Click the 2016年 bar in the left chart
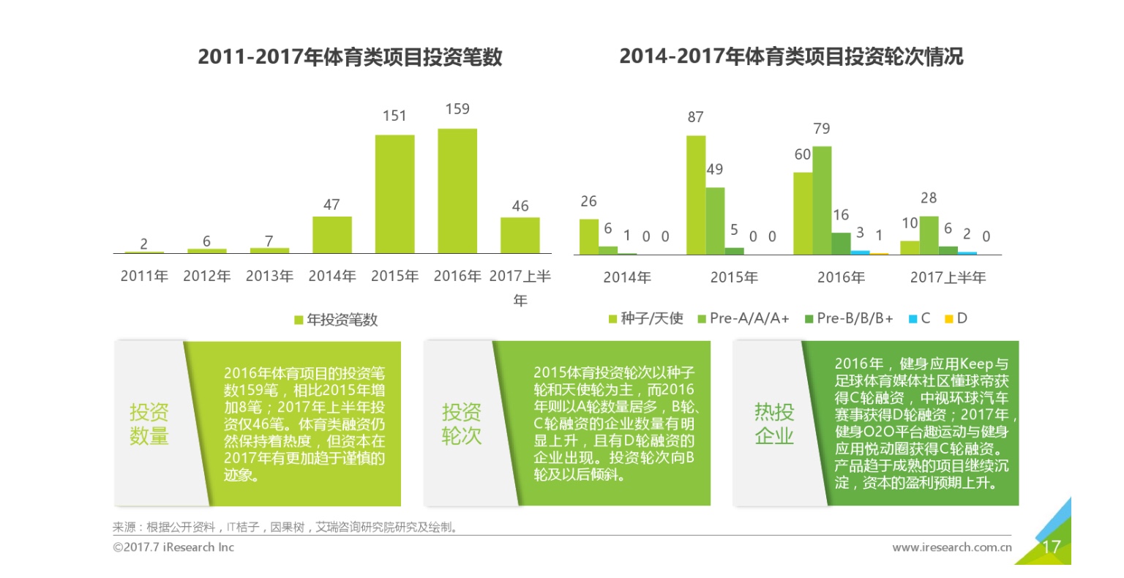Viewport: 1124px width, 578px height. pos(457,191)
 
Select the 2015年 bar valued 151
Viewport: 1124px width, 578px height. pos(394,194)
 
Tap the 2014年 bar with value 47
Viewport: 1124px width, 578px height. pos(331,235)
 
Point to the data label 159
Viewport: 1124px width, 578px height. pos(457,109)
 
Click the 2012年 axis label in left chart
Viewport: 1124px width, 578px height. pos(207,277)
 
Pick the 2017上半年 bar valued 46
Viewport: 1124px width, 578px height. pos(520,235)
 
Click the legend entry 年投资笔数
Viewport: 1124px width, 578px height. pos(336,320)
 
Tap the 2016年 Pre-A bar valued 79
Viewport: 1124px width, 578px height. pos(822,200)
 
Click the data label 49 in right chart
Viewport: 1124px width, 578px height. pos(715,169)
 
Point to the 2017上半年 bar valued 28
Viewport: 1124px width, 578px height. pos(929,235)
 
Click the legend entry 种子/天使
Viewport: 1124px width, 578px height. pos(646,318)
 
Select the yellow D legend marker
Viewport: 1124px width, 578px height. pos(949,318)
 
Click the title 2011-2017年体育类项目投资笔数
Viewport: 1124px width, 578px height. pos(350,57)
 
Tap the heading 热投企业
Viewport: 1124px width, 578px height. pos(774,424)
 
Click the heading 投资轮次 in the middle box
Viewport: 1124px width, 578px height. pos(461,424)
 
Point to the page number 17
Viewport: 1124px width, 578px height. pos(1051,547)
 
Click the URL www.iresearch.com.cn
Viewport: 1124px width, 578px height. pos(952,547)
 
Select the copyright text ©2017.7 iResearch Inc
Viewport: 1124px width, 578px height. pos(173,547)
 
